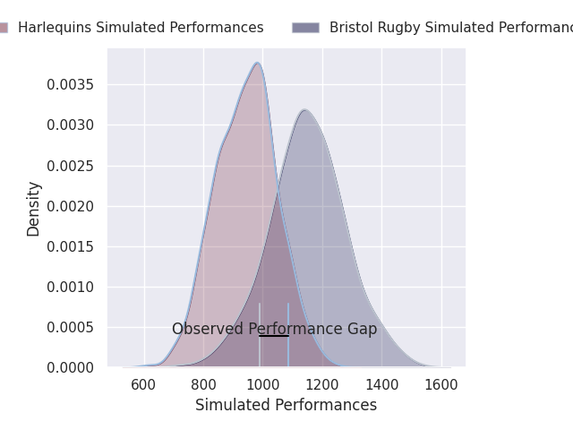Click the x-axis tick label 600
tap(144, 385)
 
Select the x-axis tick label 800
tap(203, 385)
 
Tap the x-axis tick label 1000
tap(262, 385)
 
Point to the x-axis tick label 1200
tap(322, 385)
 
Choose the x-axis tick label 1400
tap(381, 385)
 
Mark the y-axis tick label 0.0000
tap(73, 368)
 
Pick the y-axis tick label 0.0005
tap(73, 328)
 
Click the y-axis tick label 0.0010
tap(73, 288)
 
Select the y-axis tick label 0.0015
tap(73, 247)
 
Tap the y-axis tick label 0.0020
tap(73, 207)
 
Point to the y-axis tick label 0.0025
tap(73, 167)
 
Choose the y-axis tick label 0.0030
tap(73, 125)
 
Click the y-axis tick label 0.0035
tap(73, 85)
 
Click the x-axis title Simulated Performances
tap(286, 405)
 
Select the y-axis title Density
tap(34, 208)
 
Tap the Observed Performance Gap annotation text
tap(274, 329)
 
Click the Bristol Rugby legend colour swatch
tap(305, 28)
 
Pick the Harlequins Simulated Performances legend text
tap(141, 28)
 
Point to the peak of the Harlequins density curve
tap(258, 63)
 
